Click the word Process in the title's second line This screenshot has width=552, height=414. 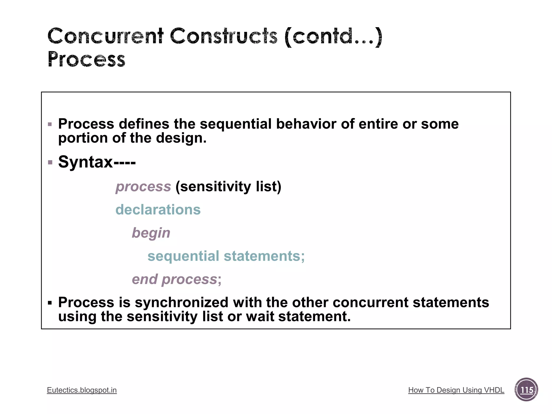87,59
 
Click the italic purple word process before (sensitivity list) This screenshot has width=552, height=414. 143,187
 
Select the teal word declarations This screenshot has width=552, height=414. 158,210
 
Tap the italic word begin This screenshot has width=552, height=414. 151,233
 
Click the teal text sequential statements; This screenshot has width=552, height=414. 226,256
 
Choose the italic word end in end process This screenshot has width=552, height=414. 144,279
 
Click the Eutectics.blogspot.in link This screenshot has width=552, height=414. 82,390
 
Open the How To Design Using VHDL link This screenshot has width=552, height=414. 456,390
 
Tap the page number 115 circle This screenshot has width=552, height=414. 526,390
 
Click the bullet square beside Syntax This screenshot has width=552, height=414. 50,162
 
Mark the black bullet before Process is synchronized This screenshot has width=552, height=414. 50,303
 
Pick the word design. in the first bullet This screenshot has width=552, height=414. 181,138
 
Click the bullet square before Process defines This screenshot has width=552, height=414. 50,124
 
